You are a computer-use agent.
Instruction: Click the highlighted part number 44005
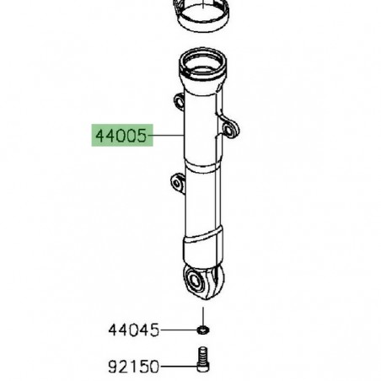coord(120,135)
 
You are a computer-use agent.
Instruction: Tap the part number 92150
coord(134,368)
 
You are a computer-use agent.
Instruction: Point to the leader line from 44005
coord(167,135)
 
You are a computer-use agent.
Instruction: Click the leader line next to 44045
coord(180,330)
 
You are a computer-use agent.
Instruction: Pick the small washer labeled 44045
coord(203,330)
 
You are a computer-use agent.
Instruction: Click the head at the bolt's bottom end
coord(202,368)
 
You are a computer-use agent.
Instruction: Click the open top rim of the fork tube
coord(202,61)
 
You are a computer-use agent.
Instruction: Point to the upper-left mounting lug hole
coord(179,102)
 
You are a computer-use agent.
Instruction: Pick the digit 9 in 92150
coord(114,368)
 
